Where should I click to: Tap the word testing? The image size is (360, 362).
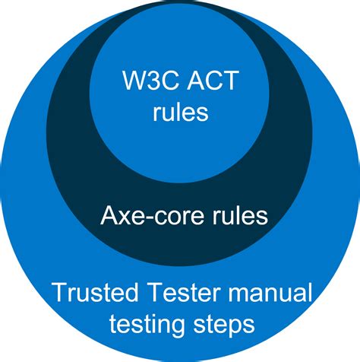[147, 325]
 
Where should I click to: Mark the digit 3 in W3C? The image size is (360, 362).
[145, 81]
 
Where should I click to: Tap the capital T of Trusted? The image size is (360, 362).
[58, 292]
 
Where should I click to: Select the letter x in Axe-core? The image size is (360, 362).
[125, 218]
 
